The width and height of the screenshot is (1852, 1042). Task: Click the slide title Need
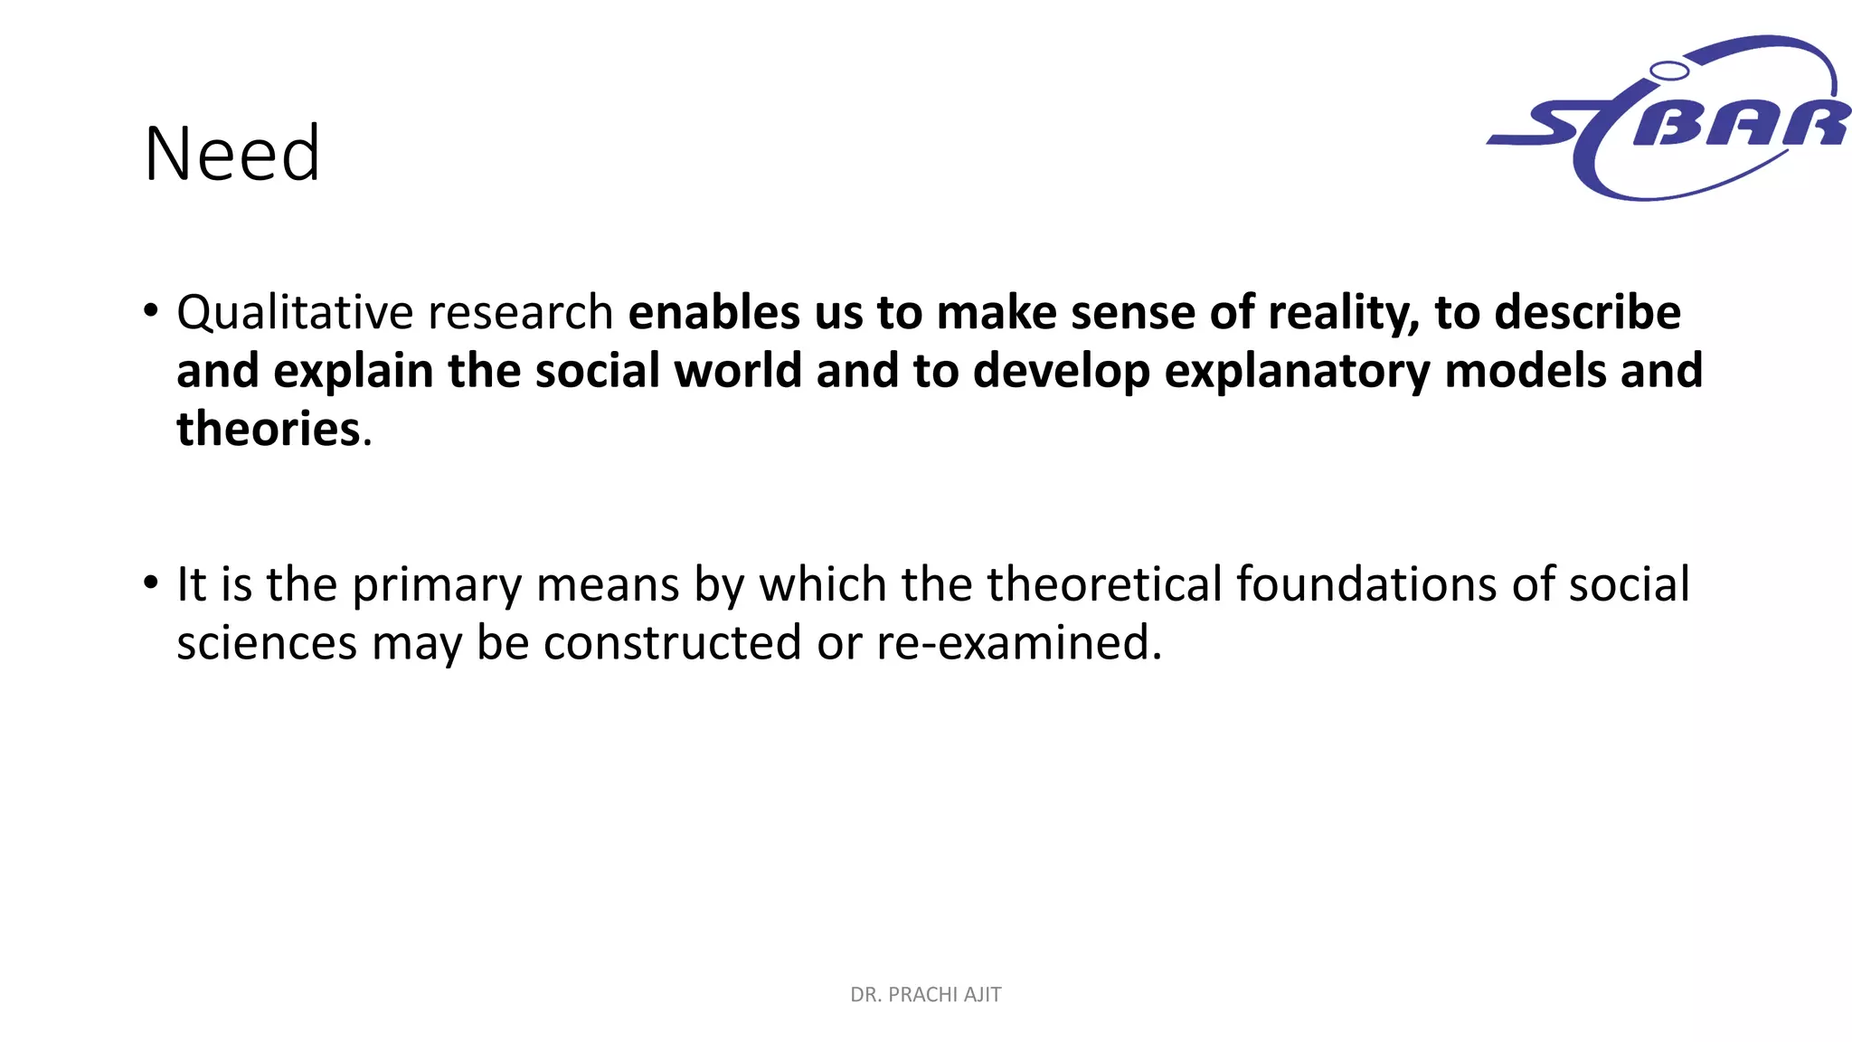(232, 154)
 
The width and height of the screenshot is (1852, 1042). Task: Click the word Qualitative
(294, 312)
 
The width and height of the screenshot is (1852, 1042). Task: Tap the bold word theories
(269, 429)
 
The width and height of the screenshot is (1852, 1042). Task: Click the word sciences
(267, 643)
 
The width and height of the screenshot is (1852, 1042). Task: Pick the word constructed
(672, 643)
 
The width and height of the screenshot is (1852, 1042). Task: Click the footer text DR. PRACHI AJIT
(925, 995)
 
